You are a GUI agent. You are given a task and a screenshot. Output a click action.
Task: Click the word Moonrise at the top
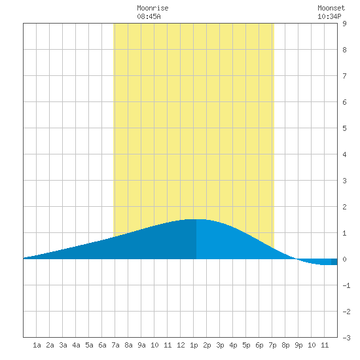pyautogui.click(x=153, y=8)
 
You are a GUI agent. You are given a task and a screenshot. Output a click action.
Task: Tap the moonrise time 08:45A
pyautogui.click(x=149, y=16)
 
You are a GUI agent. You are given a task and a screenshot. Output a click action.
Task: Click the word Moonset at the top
pyautogui.click(x=331, y=8)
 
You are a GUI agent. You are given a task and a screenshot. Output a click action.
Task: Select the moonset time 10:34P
pyautogui.click(x=329, y=16)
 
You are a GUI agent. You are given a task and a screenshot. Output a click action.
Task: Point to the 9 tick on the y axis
pyautogui.click(x=344, y=24)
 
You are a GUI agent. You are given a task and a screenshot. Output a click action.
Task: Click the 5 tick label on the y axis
pyautogui.click(x=344, y=128)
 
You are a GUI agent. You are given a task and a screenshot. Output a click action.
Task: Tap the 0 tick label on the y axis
pyautogui.click(x=344, y=259)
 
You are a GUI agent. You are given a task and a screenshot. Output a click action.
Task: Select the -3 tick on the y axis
pyautogui.click(x=346, y=338)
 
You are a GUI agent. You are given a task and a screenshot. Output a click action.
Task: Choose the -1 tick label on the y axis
pyautogui.click(x=346, y=285)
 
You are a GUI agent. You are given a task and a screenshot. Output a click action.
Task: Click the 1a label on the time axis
pyautogui.click(x=37, y=345)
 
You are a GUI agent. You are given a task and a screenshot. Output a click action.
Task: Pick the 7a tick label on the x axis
pyautogui.click(x=115, y=345)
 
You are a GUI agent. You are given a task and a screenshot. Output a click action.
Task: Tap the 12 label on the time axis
pyautogui.click(x=181, y=345)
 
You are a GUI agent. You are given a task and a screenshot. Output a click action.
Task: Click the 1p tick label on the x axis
pyautogui.click(x=194, y=345)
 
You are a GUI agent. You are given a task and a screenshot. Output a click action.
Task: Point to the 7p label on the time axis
pyautogui.click(x=272, y=345)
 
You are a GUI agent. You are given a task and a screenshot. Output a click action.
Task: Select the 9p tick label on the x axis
pyautogui.click(x=298, y=345)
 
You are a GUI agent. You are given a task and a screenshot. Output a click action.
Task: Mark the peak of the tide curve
pyautogui.click(x=196, y=219)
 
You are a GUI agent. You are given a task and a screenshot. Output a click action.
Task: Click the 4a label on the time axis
pyautogui.click(x=76, y=345)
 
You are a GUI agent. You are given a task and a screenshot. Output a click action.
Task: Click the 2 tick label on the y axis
pyautogui.click(x=344, y=207)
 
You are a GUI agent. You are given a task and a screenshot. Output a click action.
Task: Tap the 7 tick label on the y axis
pyautogui.click(x=344, y=76)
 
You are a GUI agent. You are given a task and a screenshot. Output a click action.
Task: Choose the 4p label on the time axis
pyautogui.click(x=233, y=345)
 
